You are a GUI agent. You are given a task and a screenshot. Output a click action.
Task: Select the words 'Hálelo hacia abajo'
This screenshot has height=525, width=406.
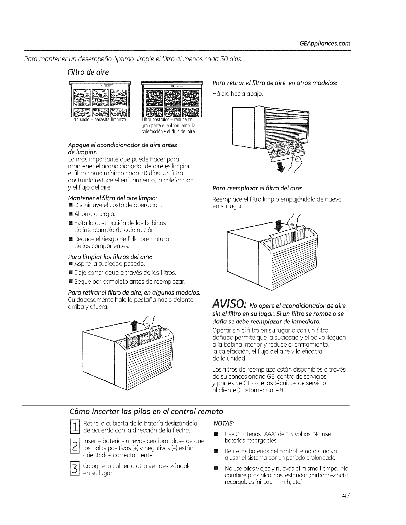(237, 94)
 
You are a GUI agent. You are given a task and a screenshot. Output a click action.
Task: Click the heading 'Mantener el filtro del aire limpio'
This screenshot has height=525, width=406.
(112, 198)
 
